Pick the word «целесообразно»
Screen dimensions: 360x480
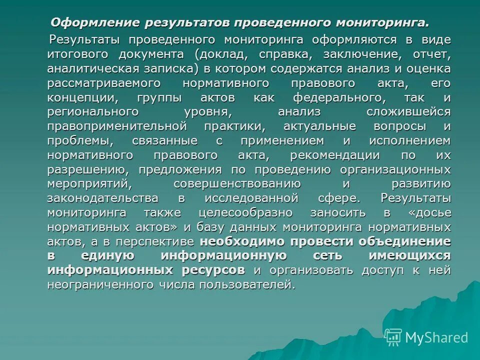click(x=245, y=213)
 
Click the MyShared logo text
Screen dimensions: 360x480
click(x=436, y=337)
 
